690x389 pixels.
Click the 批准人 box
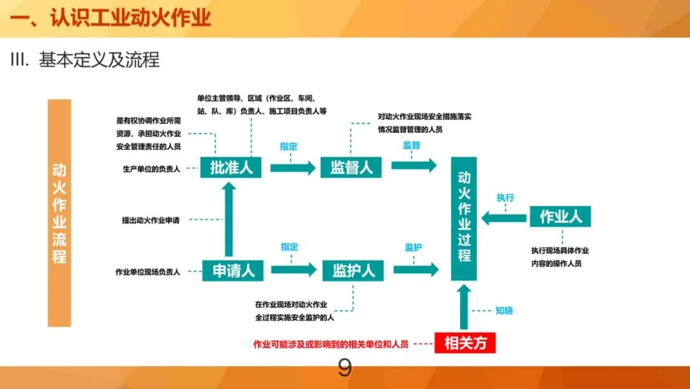(231, 168)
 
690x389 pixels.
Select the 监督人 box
(351, 168)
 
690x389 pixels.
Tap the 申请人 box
(234, 271)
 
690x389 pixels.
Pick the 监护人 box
(353, 271)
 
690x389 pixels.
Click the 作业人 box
(560, 216)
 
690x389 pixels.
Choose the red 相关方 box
(465, 344)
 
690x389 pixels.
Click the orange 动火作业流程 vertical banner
(59, 213)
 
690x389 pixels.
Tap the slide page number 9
(344, 369)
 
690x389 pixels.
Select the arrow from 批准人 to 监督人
(293, 168)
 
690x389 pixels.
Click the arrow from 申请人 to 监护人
(293, 270)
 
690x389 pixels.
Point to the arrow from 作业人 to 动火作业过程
(505, 219)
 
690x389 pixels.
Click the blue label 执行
(505, 198)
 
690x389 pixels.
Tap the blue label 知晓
(504, 311)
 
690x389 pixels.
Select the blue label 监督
(411, 145)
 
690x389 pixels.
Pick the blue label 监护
(413, 247)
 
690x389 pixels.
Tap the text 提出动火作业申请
(151, 220)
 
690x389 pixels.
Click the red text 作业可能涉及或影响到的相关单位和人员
(331, 344)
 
